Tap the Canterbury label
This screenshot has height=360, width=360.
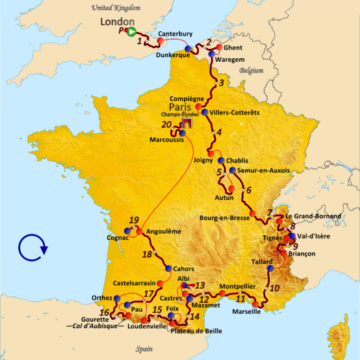tap(175, 33)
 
